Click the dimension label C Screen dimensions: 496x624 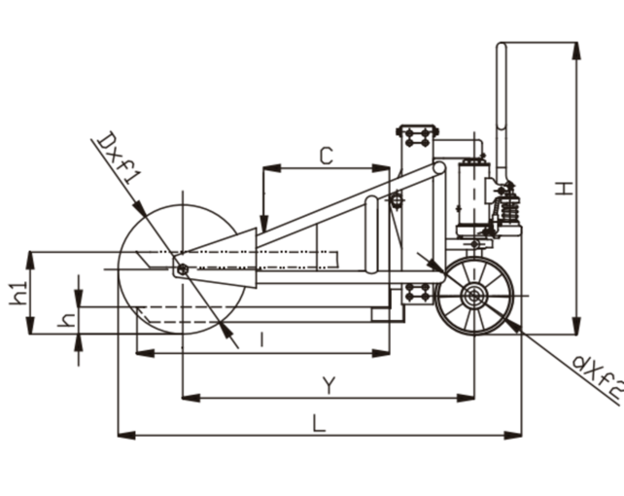coord(327,155)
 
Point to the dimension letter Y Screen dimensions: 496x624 coord(329,386)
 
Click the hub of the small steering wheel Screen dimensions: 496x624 coord(474,298)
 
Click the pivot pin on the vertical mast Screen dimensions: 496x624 coord(396,200)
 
